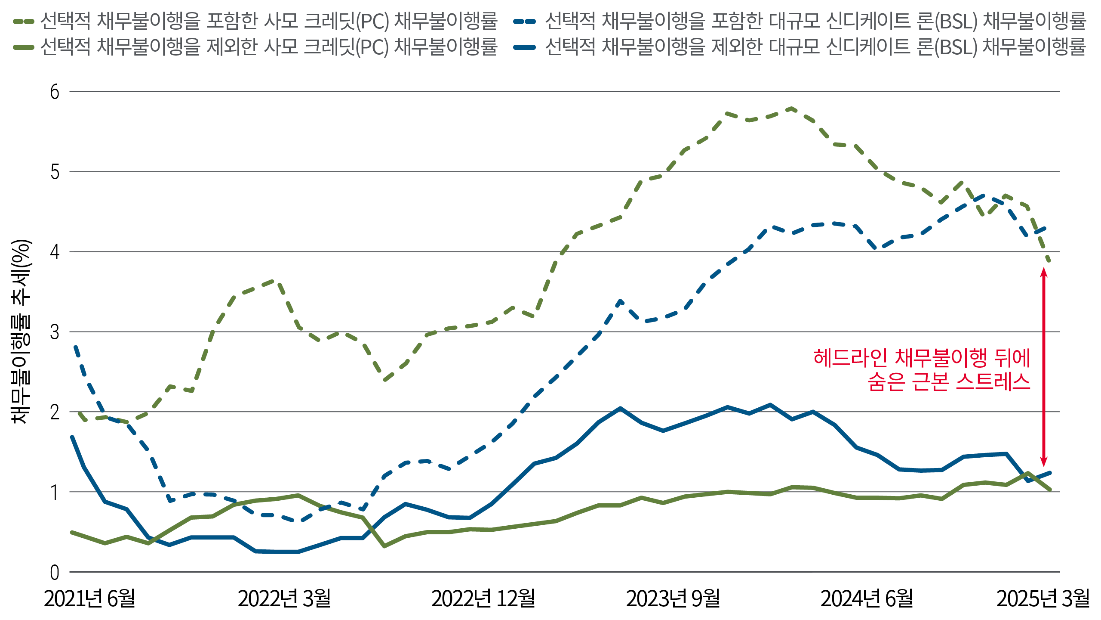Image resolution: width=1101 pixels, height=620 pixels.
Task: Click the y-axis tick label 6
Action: (55, 92)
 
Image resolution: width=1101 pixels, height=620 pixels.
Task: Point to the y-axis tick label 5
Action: (55, 172)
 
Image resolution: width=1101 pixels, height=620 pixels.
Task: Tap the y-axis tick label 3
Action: (55, 332)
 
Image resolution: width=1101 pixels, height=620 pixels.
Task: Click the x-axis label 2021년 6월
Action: (89, 598)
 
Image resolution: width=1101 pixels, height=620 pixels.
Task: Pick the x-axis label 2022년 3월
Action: (284, 598)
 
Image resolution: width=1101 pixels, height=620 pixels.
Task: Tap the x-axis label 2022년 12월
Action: (483, 598)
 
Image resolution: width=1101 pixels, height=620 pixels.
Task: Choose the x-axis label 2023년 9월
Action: (673, 598)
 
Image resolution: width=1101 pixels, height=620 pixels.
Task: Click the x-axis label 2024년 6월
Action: (867, 598)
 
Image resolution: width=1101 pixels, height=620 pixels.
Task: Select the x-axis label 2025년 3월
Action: (1043, 598)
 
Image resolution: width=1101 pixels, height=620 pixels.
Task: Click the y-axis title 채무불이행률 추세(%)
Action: (21, 332)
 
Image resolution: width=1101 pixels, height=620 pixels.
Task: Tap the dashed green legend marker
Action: (24, 21)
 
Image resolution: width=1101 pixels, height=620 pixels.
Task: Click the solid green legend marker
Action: (24, 47)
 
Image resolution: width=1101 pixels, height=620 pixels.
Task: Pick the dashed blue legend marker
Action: (525, 21)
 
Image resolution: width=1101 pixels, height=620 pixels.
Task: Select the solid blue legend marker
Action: (525, 47)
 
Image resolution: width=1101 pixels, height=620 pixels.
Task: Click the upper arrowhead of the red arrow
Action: (1043, 272)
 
